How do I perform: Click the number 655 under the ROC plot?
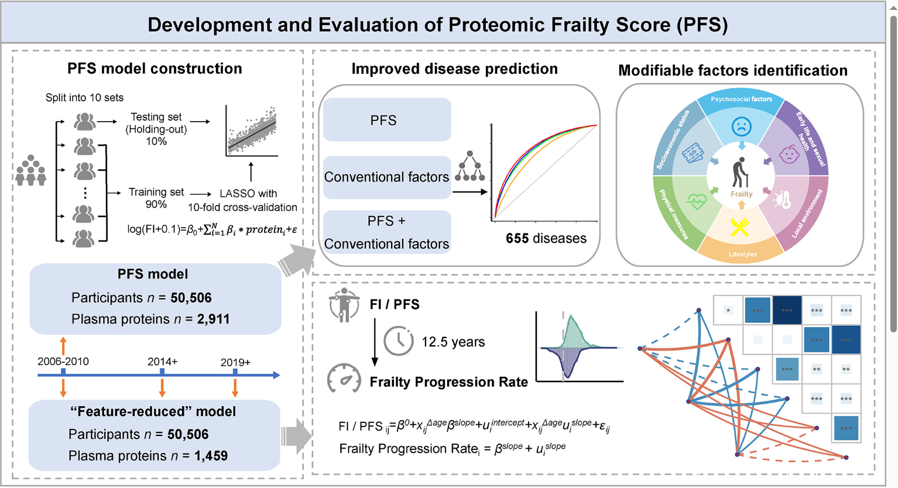[517, 239]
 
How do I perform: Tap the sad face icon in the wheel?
[741, 126]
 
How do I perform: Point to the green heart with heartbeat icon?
[696, 201]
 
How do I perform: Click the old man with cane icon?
[741, 173]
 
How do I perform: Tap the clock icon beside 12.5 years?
[399, 341]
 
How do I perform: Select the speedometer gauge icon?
[344, 378]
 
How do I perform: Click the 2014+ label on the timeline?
[162, 362]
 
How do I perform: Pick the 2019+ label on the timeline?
[235, 362]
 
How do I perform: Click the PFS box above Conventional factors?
[386, 120]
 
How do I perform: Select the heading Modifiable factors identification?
[732, 71]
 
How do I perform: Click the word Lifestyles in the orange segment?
[742, 255]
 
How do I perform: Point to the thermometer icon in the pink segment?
[783, 200]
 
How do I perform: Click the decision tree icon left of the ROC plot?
[470, 167]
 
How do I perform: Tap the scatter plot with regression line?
[252, 131]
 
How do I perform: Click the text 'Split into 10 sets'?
[84, 98]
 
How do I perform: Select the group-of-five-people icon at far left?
[30, 170]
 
